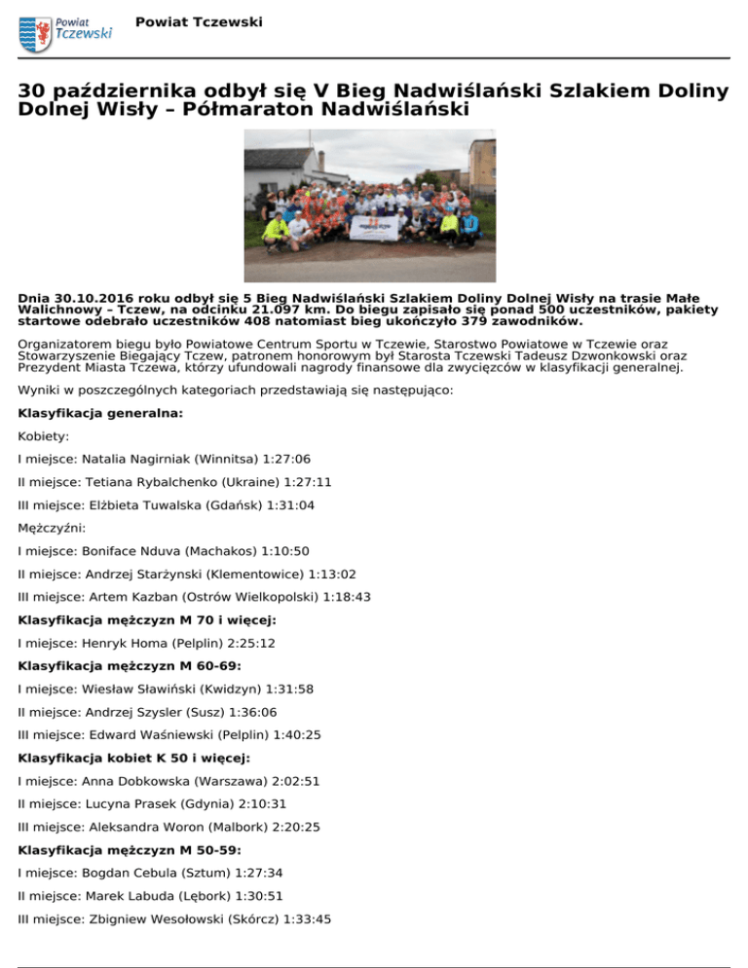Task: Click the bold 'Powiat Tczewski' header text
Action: pos(200,21)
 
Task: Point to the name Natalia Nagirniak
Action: pos(139,458)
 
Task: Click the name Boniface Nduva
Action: pos(134,551)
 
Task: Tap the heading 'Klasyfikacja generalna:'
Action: pos(100,413)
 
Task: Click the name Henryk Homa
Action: pos(129,644)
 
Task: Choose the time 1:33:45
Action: pos(309,919)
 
